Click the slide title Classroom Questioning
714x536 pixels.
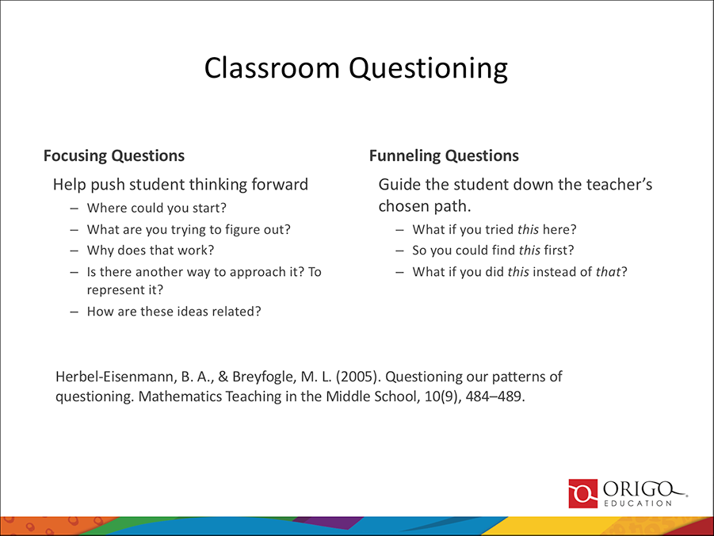[356, 68]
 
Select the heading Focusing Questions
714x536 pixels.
[114, 156]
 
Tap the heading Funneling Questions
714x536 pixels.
[444, 156]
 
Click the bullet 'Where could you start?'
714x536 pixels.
[157, 209]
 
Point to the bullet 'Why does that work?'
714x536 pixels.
[151, 251]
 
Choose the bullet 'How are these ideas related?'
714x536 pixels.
[174, 311]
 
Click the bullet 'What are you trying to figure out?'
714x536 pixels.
[189, 230]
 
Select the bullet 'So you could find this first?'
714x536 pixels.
[493, 251]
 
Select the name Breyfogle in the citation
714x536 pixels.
[262, 376]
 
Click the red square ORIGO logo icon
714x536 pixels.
[583, 493]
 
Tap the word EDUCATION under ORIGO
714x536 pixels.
[640, 503]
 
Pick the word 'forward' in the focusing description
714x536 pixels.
[278, 186]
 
